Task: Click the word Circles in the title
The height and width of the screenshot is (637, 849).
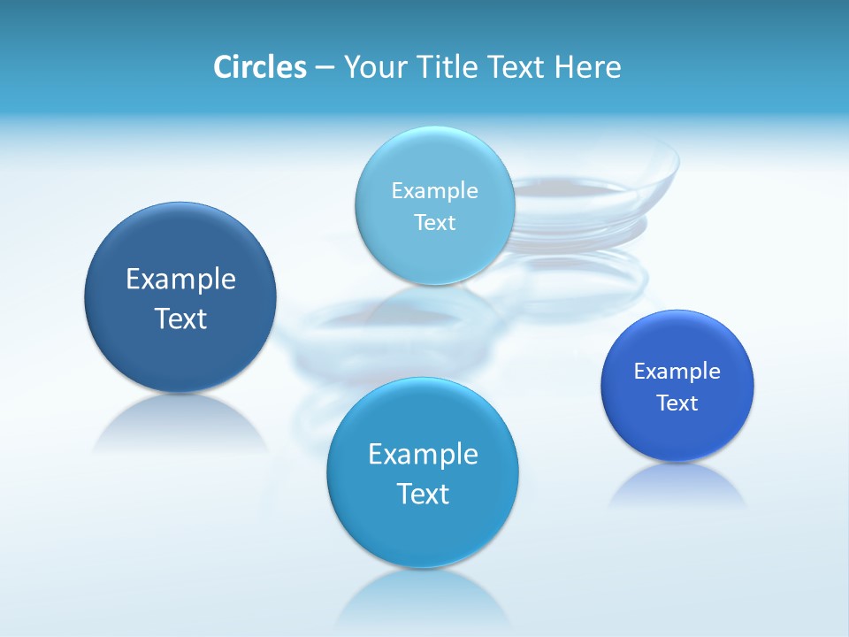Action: tap(259, 67)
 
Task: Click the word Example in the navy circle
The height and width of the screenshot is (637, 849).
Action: tap(180, 280)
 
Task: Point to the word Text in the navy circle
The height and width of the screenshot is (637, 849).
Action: tap(180, 318)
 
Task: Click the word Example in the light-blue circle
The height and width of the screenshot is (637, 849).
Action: tap(435, 190)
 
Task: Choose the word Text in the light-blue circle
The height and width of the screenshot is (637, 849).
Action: tap(435, 222)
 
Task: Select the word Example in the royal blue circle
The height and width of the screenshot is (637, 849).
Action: tap(677, 371)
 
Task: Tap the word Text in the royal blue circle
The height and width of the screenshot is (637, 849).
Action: tap(677, 403)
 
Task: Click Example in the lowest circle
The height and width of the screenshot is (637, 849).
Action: tap(423, 454)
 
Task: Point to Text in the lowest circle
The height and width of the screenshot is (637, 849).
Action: tap(423, 493)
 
